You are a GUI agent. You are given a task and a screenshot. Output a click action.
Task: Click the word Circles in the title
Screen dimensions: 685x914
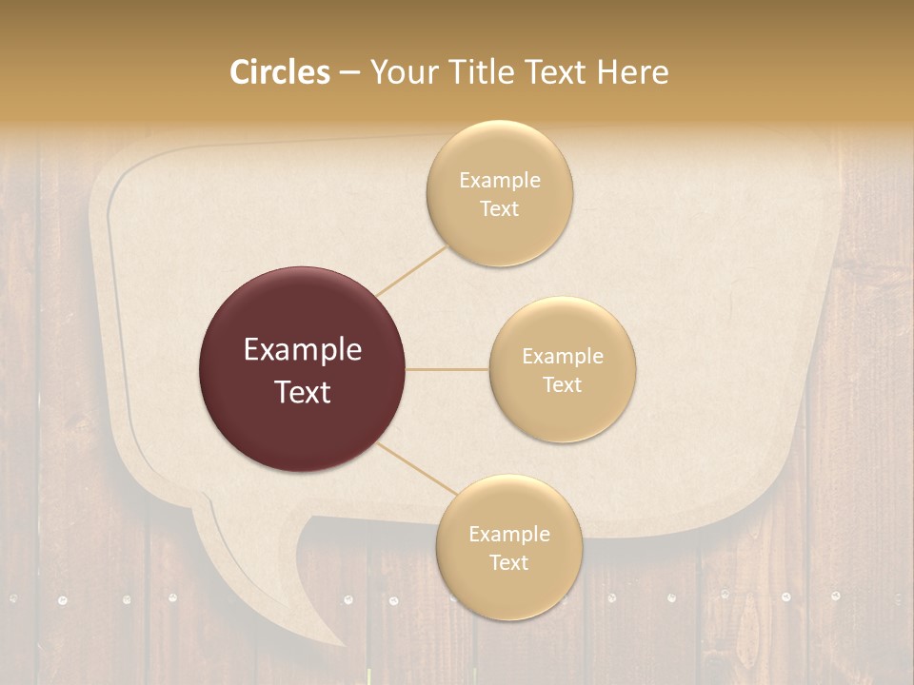click(279, 72)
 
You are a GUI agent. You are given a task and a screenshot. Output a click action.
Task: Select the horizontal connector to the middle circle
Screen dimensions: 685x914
click(447, 369)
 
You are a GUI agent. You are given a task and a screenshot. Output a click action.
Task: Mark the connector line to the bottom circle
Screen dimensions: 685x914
click(415, 472)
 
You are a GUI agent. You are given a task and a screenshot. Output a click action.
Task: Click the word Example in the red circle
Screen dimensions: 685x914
click(303, 350)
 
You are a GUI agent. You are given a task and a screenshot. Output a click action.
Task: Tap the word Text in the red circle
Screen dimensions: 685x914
click(303, 392)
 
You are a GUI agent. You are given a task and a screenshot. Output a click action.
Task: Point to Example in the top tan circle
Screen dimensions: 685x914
click(500, 181)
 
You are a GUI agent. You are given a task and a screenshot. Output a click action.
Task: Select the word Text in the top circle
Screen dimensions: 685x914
click(500, 209)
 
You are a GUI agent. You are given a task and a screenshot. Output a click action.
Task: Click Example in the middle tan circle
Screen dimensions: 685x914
click(563, 357)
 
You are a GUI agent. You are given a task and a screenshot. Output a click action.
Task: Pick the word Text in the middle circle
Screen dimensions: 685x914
click(563, 385)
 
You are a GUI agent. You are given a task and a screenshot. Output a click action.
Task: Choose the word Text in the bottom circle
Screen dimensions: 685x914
click(508, 563)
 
